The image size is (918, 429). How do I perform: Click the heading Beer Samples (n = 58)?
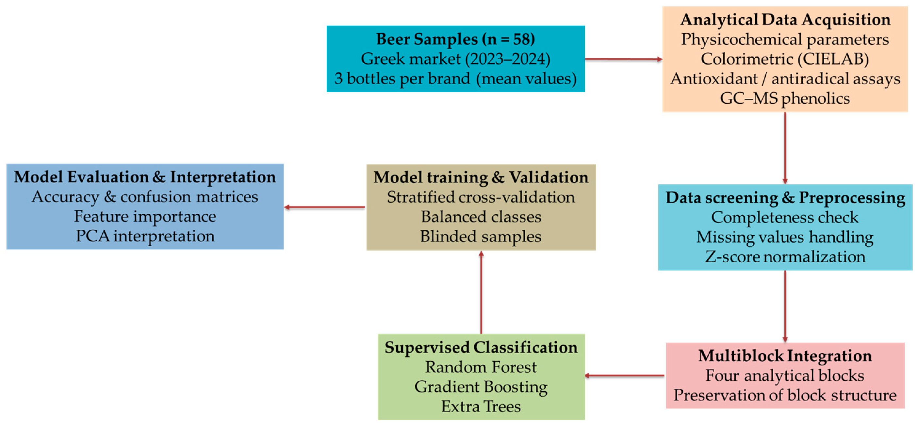pos(455,39)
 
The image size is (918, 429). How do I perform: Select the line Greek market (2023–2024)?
pos(455,59)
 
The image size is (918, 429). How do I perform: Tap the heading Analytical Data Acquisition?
pos(785,20)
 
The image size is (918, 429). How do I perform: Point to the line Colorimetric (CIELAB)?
pos(785,59)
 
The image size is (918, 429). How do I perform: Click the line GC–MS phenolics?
pos(785,98)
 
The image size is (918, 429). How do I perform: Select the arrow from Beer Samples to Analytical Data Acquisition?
pos(623,59)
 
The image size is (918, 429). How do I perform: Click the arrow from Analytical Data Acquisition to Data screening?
pos(785,148)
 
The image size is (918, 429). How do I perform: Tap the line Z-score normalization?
pos(785,257)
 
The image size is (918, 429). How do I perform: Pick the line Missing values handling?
pos(785,237)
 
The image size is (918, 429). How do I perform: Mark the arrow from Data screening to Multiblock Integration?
pos(785,306)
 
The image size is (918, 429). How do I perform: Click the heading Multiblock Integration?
pos(785,356)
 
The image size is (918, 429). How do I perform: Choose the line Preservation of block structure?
pos(785,395)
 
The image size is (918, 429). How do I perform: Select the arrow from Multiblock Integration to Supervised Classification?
pos(624,375)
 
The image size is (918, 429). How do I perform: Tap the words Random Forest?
pos(481,367)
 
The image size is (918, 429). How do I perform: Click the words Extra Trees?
pos(481,406)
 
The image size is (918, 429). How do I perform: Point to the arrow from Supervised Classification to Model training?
pos(481,292)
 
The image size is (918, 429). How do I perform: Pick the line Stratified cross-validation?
pos(481,197)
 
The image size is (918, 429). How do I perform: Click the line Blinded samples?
pos(481,237)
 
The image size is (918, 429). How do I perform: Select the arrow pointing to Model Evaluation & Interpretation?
pos(324,207)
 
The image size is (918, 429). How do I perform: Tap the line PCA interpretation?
pos(145,236)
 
